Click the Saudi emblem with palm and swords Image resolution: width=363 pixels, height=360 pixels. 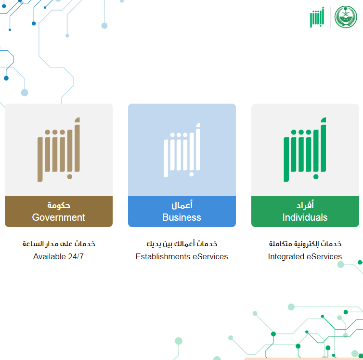click(x=346, y=17)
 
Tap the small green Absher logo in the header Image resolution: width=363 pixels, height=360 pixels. click(x=317, y=17)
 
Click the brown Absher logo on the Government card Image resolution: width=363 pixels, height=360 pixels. click(x=59, y=149)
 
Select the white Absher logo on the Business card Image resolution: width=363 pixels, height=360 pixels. click(x=182, y=150)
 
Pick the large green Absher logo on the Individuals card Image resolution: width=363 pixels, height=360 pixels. click(x=305, y=149)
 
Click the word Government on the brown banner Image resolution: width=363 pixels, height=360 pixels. click(x=59, y=217)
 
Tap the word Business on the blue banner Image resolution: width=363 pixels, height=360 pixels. click(x=181, y=217)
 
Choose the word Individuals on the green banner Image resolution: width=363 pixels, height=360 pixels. click(x=305, y=217)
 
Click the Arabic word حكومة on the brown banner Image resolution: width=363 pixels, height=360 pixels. click(x=59, y=205)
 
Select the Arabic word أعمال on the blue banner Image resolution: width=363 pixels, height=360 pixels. click(x=182, y=205)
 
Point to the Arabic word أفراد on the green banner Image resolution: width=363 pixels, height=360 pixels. click(x=305, y=205)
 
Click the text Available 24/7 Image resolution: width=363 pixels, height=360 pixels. click(x=58, y=256)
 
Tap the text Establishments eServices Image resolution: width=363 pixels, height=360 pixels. click(x=181, y=256)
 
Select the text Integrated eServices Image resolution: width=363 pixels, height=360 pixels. click(x=305, y=256)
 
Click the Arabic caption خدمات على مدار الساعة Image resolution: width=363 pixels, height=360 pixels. click(x=59, y=244)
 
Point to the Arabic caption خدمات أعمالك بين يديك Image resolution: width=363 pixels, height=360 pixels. click(x=182, y=244)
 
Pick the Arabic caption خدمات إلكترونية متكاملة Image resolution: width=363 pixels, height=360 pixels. click(x=305, y=244)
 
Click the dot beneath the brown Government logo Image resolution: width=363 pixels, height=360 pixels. click(x=70, y=177)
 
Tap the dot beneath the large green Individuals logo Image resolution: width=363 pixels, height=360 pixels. click(x=316, y=177)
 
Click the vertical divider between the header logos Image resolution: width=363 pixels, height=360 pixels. click(x=330, y=17)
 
